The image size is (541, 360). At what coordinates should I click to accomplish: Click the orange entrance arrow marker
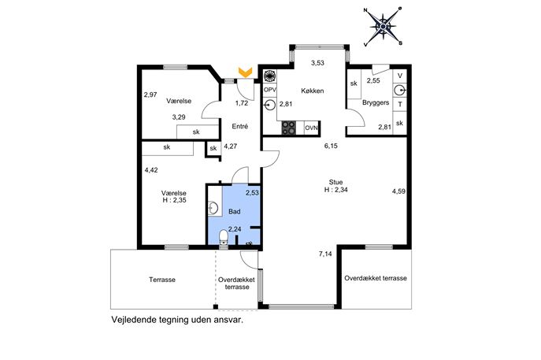click(246, 72)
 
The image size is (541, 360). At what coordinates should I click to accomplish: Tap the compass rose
click(383, 26)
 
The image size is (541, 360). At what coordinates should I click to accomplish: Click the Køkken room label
click(313, 91)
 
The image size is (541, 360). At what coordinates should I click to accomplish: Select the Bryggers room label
click(376, 102)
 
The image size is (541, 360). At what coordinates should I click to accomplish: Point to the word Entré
click(240, 126)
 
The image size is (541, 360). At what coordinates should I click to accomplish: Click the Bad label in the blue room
click(234, 211)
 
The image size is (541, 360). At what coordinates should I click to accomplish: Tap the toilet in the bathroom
click(224, 238)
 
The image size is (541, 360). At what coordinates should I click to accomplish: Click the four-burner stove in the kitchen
click(289, 128)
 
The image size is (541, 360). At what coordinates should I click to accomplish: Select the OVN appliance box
click(312, 128)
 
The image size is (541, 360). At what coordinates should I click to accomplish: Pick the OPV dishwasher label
click(270, 90)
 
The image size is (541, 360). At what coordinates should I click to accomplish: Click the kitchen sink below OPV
click(269, 105)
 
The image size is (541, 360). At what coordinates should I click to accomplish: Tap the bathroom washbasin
click(213, 208)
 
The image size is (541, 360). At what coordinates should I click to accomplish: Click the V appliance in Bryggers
click(400, 76)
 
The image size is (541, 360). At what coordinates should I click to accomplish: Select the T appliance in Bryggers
click(400, 104)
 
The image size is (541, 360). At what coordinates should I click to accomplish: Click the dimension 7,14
click(325, 254)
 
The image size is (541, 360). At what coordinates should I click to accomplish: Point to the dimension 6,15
click(331, 146)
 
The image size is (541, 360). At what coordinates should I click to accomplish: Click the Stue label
click(335, 182)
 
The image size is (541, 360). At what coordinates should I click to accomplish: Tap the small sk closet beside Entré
click(213, 148)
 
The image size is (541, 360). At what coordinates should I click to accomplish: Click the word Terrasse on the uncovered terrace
click(162, 280)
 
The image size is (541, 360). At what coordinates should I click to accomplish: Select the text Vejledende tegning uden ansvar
click(177, 320)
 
